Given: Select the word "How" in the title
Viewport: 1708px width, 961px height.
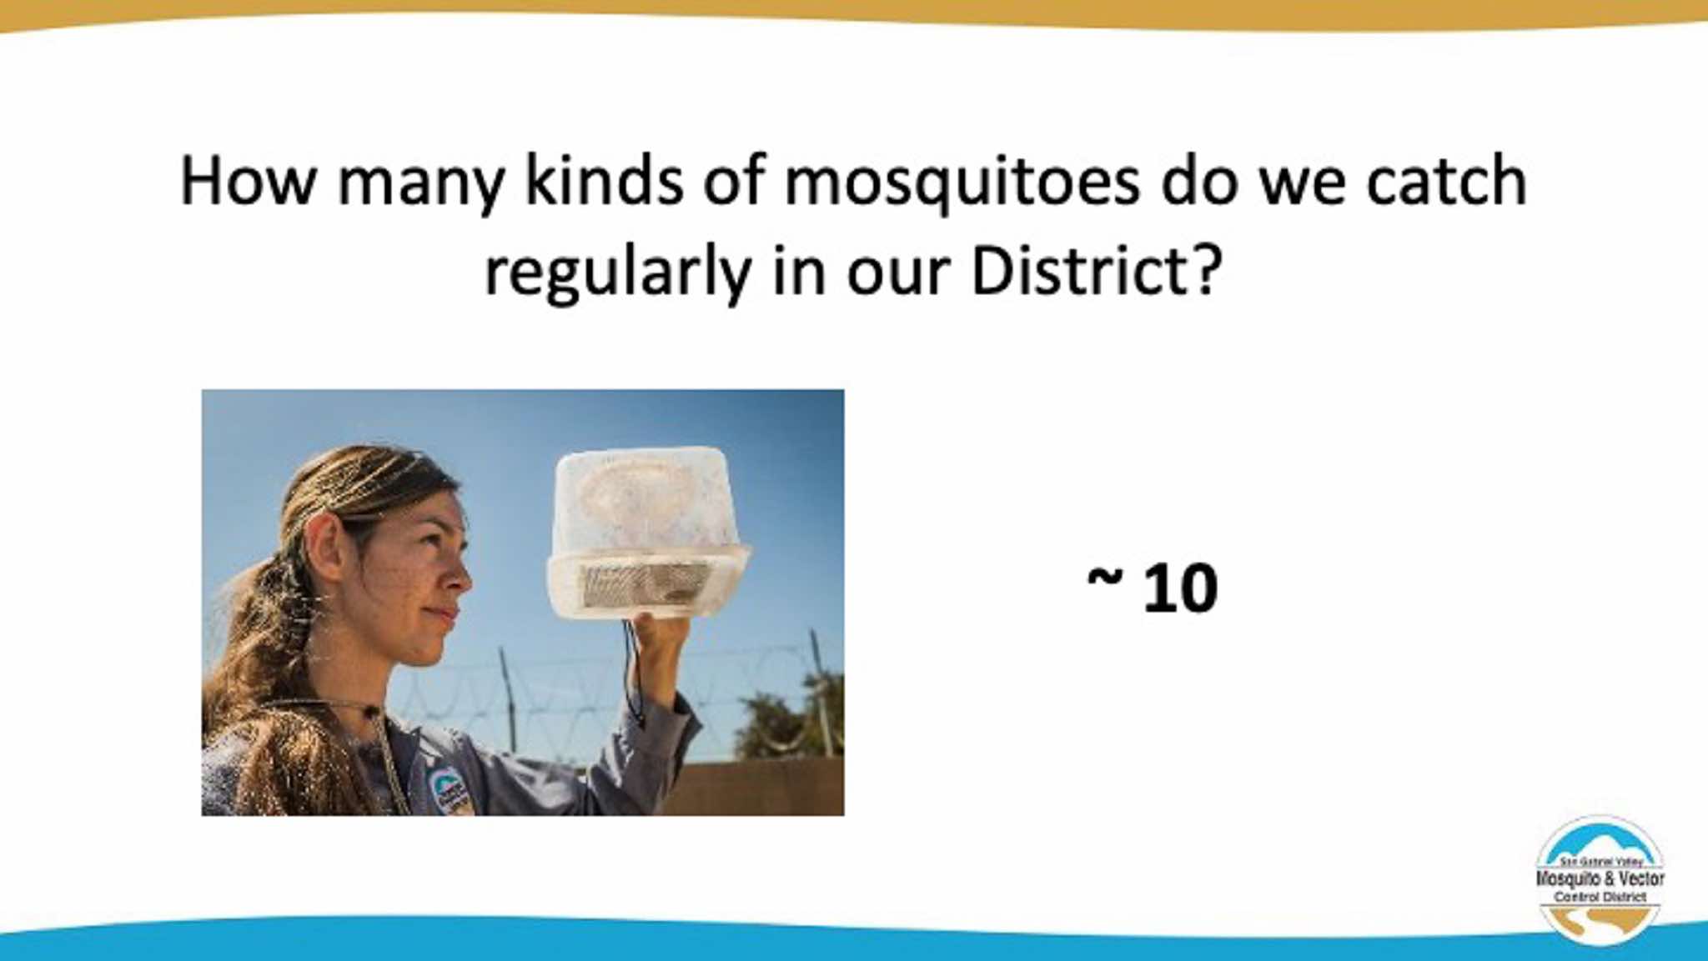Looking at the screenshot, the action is tap(248, 182).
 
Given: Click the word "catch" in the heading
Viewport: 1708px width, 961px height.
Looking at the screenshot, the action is tap(1446, 180).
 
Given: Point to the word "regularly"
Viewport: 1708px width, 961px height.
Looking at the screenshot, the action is tap(618, 273).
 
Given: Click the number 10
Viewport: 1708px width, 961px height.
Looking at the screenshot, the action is tap(1180, 588).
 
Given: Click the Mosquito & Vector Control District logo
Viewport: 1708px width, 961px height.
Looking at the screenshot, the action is tap(1600, 879).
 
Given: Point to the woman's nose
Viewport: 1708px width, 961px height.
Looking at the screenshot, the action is tap(460, 575).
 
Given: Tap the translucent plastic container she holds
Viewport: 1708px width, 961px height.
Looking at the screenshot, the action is tap(647, 532).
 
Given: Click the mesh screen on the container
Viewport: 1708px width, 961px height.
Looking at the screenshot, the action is tap(644, 584).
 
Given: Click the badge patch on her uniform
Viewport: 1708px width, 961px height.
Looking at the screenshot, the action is tap(448, 790).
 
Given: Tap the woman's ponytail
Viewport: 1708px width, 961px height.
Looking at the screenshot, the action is tap(259, 658).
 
